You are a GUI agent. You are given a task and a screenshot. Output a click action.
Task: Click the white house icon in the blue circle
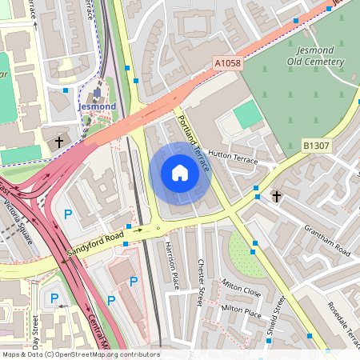pyautogui.click(x=180, y=173)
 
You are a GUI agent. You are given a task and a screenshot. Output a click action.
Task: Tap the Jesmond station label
pyautogui.click(x=97, y=106)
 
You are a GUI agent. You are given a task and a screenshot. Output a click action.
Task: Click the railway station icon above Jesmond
pyautogui.click(x=97, y=94)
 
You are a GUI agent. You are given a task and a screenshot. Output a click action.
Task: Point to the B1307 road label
pyautogui.click(x=317, y=145)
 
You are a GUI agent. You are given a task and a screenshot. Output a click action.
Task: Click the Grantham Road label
pyautogui.click(x=326, y=240)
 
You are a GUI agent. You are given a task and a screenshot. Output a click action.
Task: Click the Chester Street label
pyautogui.click(x=201, y=274)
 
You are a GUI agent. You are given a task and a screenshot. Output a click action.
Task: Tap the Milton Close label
pyautogui.click(x=242, y=290)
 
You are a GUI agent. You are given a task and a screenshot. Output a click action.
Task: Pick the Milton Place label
pyautogui.click(x=241, y=310)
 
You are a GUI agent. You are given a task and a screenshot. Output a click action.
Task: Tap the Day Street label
pyautogui.click(x=35, y=331)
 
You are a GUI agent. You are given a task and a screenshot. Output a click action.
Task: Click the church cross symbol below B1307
pyautogui.click(x=277, y=195)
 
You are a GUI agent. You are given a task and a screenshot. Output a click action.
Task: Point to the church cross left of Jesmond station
pyautogui.click(x=58, y=142)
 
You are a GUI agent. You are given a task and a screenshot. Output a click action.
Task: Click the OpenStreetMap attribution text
pyautogui.click(x=80, y=354)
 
